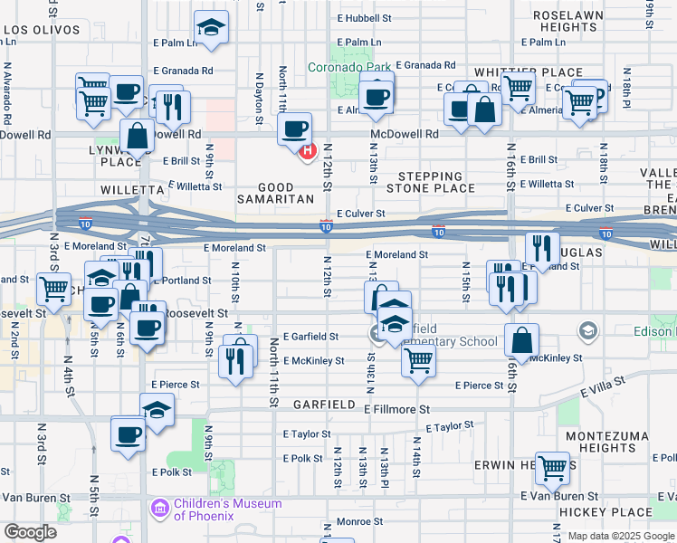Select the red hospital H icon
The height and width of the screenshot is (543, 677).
pyautogui.click(x=307, y=150)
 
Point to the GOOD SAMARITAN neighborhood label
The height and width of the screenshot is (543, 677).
pyautogui.click(x=275, y=193)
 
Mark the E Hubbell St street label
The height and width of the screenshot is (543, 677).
pyautogui.click(x=364, y=17)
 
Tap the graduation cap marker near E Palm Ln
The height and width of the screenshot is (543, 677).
pyautogui.click(x=211, y=29)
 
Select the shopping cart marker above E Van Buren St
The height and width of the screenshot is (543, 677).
pyautogui.click(x=552, y=469)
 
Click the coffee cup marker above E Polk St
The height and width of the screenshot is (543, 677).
pyautogui.click(x=128, y=433)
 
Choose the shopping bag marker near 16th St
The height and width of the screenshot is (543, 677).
pyautogui.click(x=521, y=341)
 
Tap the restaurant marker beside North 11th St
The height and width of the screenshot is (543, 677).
pyautogui.click(x=236, y=361)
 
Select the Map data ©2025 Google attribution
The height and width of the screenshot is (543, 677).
pyautogui.click(x=619, y=536)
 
